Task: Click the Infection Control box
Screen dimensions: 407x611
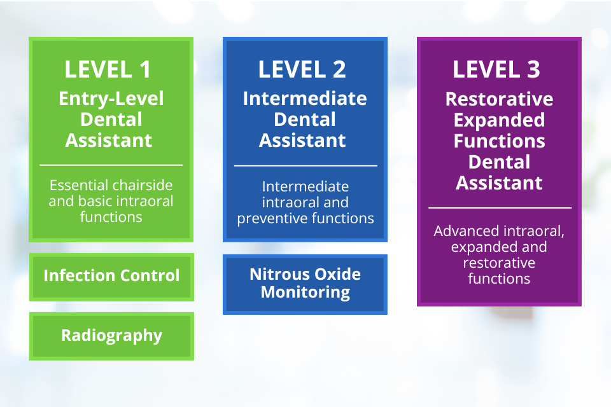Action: pyautogui.click(x=111, y=276)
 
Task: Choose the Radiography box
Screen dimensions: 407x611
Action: pyautogui.click(x=111, y=335)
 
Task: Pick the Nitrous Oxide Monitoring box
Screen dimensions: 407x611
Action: pyautogui.click(x=305, y=284)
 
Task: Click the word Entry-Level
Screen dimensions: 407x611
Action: pyautogui.click(x=111, y=99)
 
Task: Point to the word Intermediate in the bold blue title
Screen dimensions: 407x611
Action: pyautogui.click(x=305, y=99)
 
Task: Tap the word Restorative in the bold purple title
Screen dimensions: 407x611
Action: pyautogui.click(x=499, y=100)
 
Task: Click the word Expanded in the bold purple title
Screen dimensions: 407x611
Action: pyautogui.click(x=499, y=120)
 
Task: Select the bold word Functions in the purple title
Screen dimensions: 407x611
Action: pyautogui.click(x=499, y=141)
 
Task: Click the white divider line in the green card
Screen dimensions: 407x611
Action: pyautogui.click(x=111, y=165)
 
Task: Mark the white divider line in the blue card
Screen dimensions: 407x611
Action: pyautogui.click(x=305, y=165)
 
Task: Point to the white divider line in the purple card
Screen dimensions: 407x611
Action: pyautogui.click(x=500, y=207)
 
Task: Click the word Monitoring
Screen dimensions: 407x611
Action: pyautogui.click(x=305, y=293)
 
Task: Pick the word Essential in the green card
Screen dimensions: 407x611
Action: pyautogui.click(x=76, y=186)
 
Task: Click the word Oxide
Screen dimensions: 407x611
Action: pyautogui.click(x=330, y=275)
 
